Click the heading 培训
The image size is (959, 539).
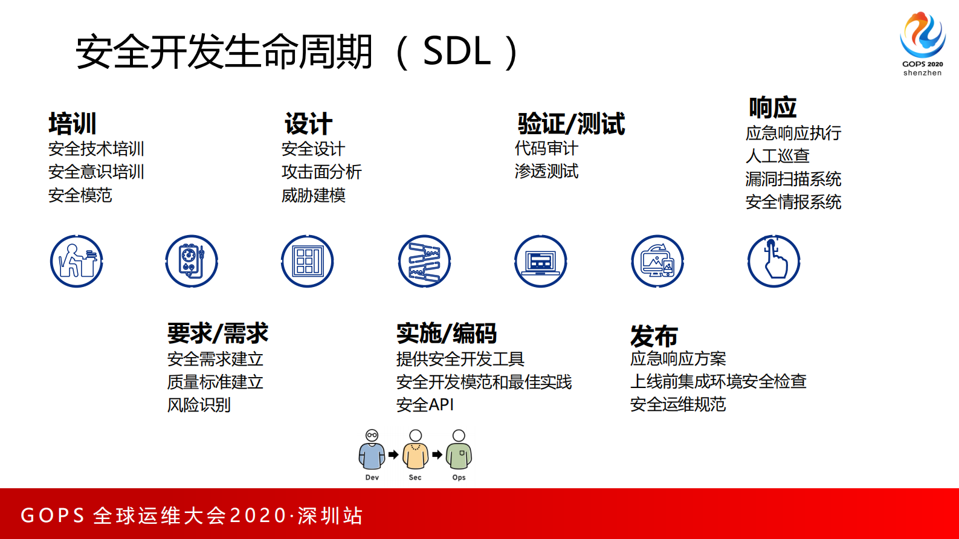pyautogui.click(x=73, y=124)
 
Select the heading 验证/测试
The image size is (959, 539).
pyautogui.click(x=571, y=124)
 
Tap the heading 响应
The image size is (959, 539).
pyautogui.click(x=772, y=108)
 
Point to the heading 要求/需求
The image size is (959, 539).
pyautogui.click(x=218, y=333)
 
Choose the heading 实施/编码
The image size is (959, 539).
pyautogui.click(x=447, y=333)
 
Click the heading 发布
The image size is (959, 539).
pyautogui.click(x=654, y=336)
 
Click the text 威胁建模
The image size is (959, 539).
pyautogui.click(x=313, y=195)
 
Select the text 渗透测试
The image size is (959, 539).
pyautogui.click(x=546, y=172)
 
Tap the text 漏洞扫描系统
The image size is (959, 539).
pyautogui.click(x=793, y=179)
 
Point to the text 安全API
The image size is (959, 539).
pyautogui.click(x=425, y=405)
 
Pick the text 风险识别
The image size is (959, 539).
pyautogui.click(x=199, y=405)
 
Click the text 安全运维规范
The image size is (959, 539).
pyautogui.click(x=677, y=404)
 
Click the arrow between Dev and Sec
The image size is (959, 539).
pyautogui.click(x=393, y=454)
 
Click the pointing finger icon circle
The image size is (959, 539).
pyautogui.click(x=773, y=261)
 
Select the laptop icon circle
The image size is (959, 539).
pyautogui.click(x=541, y=261)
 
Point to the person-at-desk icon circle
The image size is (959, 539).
pyautogui.click(x=77, y=261)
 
